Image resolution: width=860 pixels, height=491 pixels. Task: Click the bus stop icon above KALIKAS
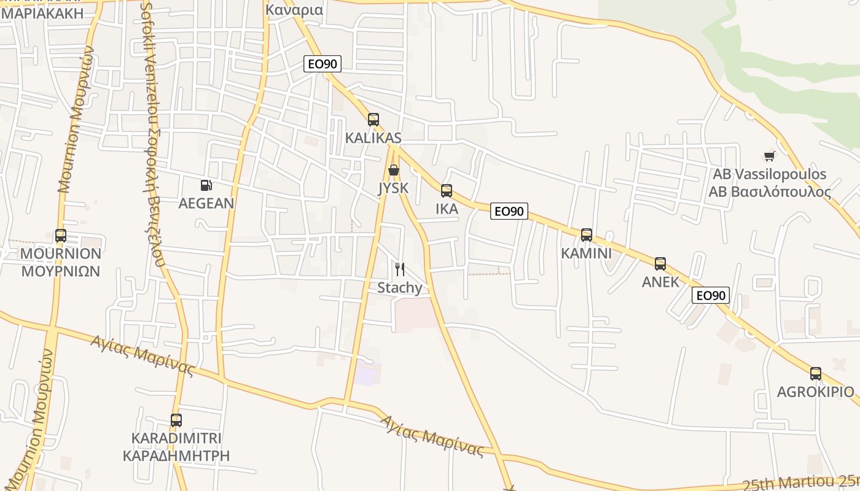[x=373, y=120]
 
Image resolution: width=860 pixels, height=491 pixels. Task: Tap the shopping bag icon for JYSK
[x=394, y=170]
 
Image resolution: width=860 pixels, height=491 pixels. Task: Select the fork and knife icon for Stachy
[x=400, y=269]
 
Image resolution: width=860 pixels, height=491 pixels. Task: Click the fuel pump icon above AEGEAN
[x=206, y=185]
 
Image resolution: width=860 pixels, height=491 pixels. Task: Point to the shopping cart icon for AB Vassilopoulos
[x=769, y=157]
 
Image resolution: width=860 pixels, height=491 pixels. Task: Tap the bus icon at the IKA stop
[x=447, y=191]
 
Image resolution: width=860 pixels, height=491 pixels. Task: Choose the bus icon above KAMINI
[x=587, y=235]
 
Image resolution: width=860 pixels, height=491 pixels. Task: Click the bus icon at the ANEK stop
[x=660, y=264]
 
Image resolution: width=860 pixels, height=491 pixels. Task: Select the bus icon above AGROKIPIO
[x=815, y=374]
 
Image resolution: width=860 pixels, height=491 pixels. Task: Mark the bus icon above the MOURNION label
[x=60, y=236]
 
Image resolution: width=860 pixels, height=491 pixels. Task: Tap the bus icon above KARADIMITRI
[x=176, y=420]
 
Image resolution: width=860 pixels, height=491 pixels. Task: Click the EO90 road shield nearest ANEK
[x=711, y=295]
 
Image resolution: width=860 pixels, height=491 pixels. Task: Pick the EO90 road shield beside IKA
[x=509, y=212]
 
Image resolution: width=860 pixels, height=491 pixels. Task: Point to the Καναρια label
[x=294, y=10]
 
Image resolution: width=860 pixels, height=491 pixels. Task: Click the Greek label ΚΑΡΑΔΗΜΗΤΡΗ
[x=176, y=455]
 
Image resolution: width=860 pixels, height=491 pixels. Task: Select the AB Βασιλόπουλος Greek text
[x=770, y=191]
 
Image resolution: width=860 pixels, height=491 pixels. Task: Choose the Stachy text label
[x=400, y=288]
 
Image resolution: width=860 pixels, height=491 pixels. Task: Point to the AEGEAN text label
[x=206, y=203]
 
